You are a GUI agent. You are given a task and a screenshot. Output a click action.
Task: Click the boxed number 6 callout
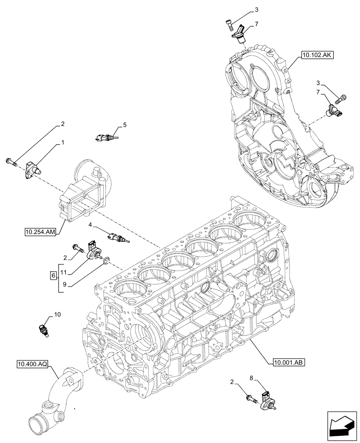pos(54,276)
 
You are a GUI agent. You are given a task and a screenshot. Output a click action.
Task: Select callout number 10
pos(57,315)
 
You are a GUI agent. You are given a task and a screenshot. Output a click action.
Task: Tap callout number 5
pos(125,125)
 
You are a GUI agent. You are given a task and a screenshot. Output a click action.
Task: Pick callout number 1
pos(63,144)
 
